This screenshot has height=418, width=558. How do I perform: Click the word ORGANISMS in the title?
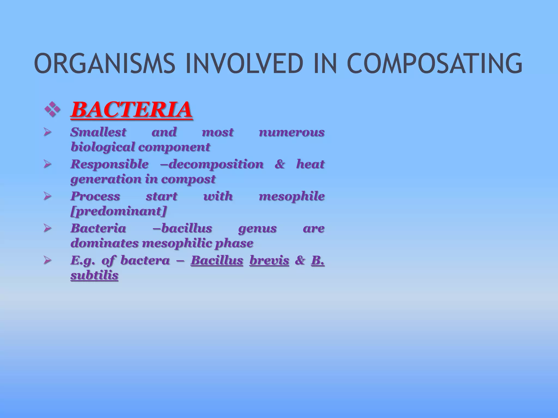(x=104, y=64)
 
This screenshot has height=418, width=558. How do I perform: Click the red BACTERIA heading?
(x=131, y=110)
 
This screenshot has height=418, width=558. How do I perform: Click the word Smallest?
(x=98, y=132)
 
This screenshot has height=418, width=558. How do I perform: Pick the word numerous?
(x=292, y=132)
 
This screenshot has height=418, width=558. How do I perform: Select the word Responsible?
(x=110, y=164)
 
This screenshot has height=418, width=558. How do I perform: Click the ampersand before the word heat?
(x=280, y=164)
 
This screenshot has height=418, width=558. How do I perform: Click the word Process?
(x=95, y=196)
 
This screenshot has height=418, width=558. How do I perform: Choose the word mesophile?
(x=292, y=196)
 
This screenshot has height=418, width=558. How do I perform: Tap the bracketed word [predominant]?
(x=118, y=211)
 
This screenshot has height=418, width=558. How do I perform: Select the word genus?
(x=257, y=228)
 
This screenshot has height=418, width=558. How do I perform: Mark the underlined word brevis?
(x=269, y=260)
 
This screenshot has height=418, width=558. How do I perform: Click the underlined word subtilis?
(x=94, y=275)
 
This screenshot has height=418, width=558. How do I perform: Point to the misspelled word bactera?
(x=145, y=260)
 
